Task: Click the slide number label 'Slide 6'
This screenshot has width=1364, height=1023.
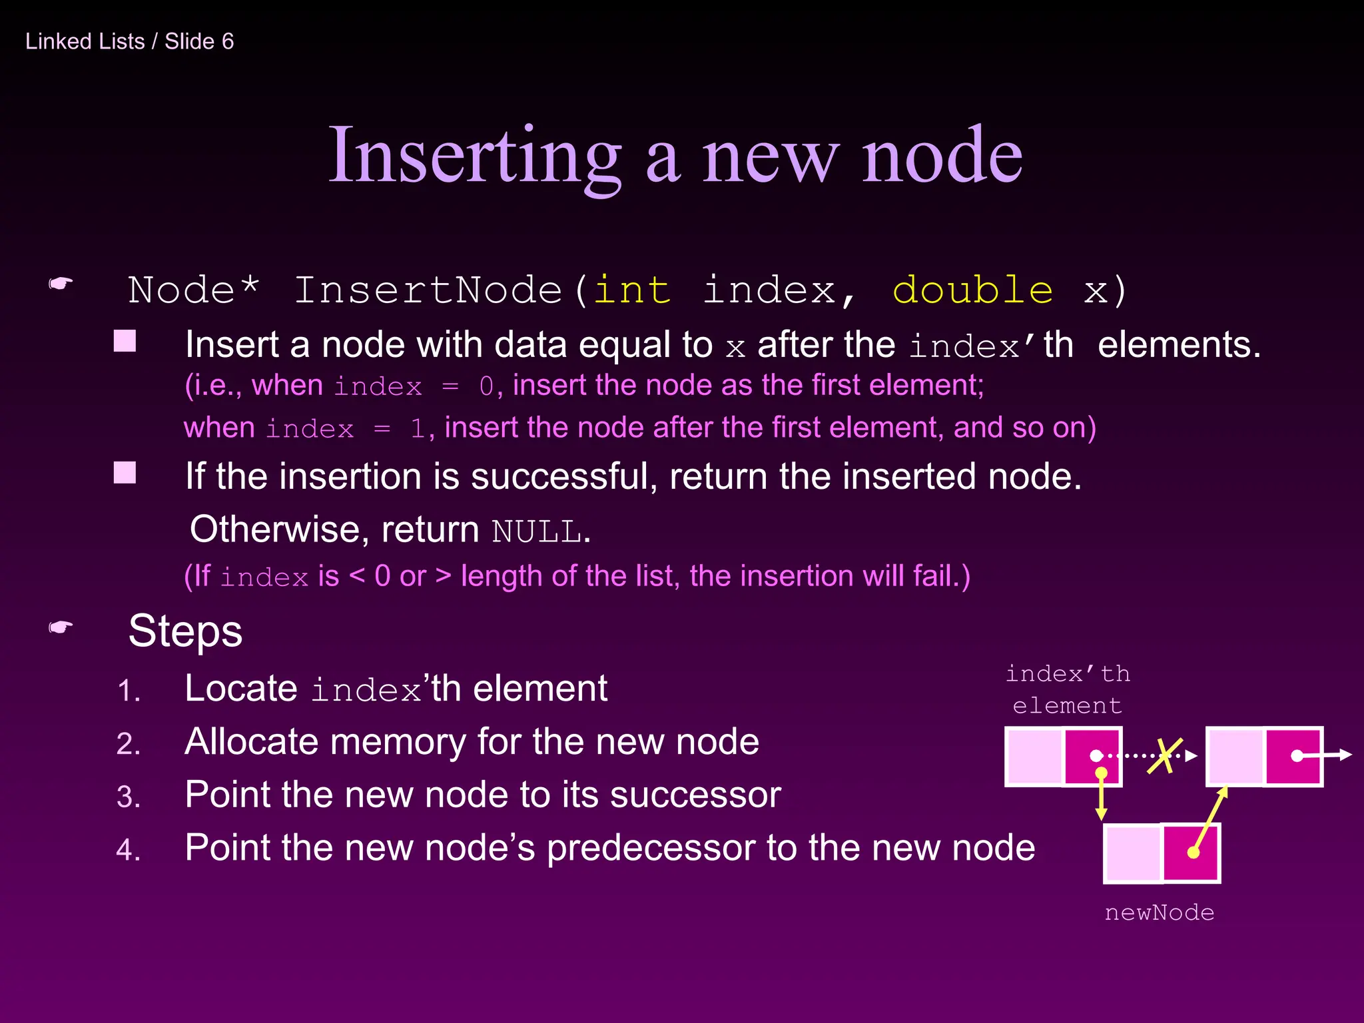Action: (199, 41)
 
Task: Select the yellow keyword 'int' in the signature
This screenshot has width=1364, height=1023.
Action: (631, 290)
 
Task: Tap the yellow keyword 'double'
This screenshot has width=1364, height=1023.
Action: (972, 290)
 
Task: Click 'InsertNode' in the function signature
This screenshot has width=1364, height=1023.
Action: (428, 290)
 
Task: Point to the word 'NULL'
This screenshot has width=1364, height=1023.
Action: (537, 531)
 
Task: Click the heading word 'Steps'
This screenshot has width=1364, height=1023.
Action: (185, 631)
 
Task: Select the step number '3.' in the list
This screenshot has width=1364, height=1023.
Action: (129, 797)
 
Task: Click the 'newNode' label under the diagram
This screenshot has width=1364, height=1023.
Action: (1159, 912)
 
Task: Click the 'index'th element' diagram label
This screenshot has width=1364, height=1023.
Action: (1068, 689)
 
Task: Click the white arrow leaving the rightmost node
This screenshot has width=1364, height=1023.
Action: (1332, 755)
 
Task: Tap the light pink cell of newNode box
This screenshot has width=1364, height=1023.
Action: (1133, 853)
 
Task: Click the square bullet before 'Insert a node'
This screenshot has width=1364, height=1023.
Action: (125, 341)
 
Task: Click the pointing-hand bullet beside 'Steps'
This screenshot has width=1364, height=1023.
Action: (61, 627)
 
